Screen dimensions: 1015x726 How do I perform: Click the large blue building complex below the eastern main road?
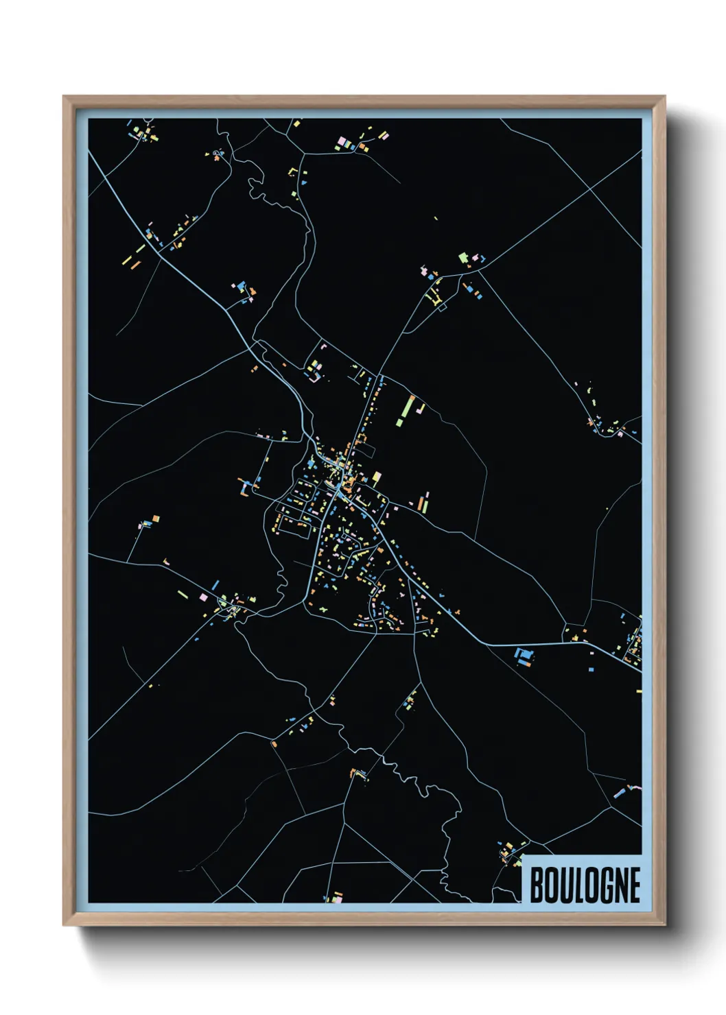524,656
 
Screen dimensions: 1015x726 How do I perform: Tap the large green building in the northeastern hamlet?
463,258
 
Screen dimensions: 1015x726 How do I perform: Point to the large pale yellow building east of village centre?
377,477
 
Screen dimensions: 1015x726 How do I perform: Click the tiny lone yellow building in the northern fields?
436,218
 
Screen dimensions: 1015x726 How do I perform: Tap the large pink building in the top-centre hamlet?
339,143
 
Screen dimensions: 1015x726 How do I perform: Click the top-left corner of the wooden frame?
65,97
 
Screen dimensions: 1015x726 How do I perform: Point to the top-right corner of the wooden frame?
664,97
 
